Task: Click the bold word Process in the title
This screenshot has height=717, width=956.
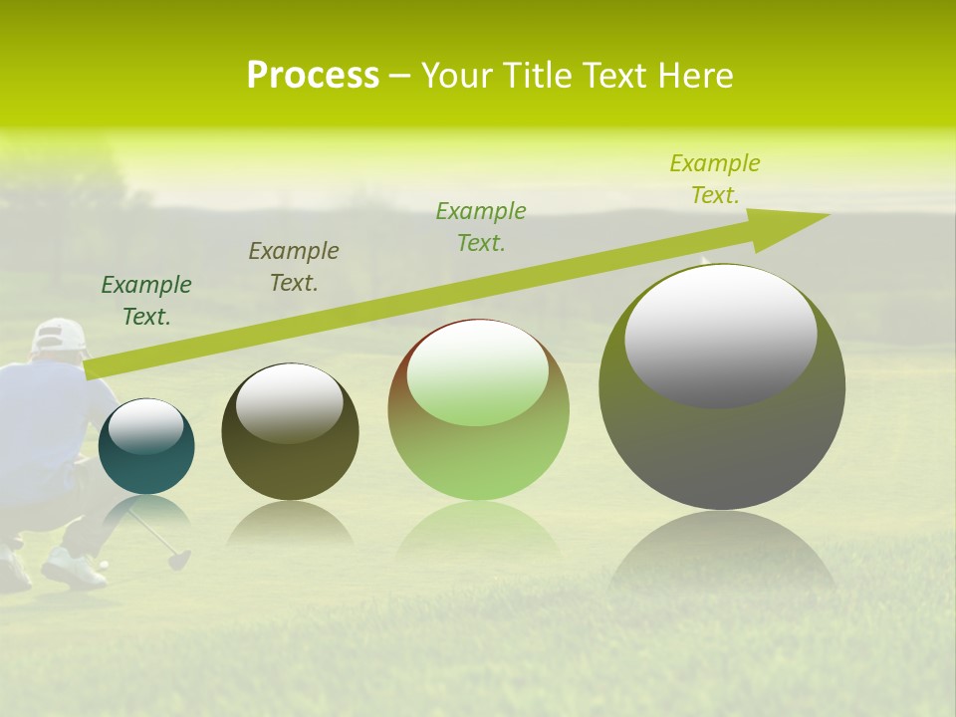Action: click(x=313, y=76)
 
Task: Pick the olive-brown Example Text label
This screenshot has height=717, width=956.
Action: click(x=293, y=267)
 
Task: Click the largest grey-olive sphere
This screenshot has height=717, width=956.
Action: click(x=722, y=448)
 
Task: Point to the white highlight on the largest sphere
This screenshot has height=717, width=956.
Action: click(x=720, y=335)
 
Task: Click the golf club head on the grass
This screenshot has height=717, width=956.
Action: click(x=179, y=560)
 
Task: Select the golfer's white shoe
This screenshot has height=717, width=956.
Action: click(x=73, y=570)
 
